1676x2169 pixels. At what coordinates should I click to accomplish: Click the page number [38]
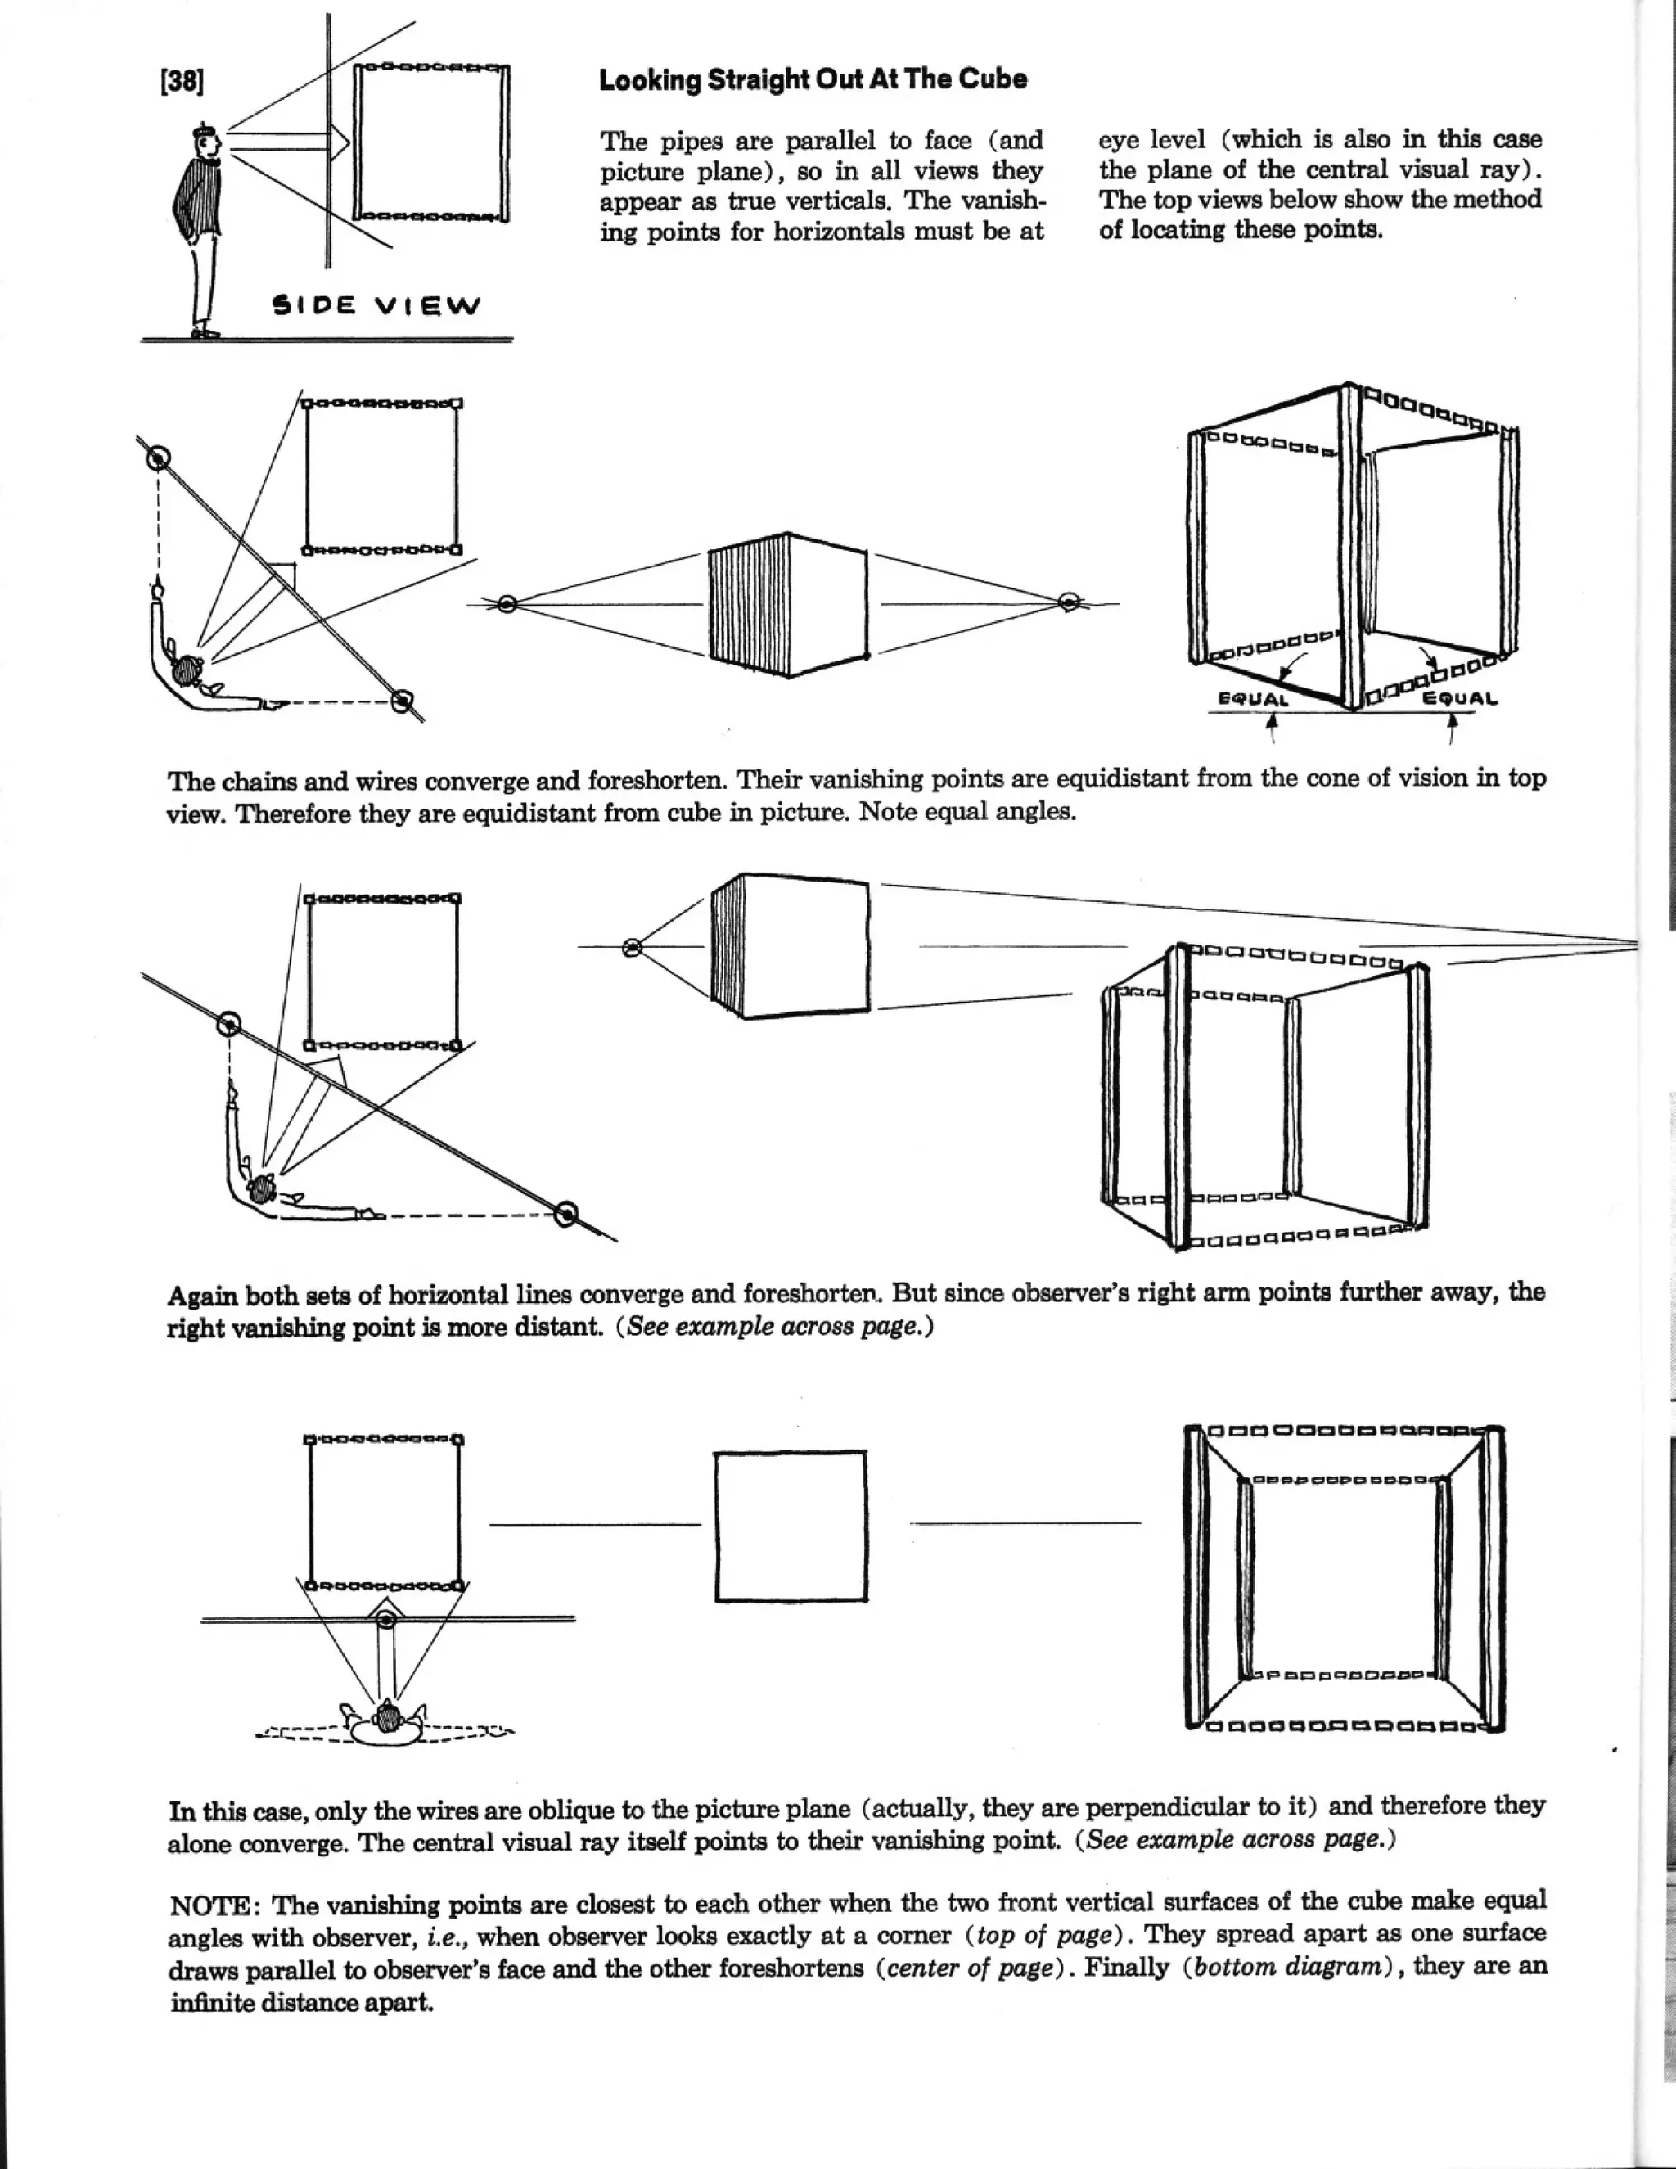(182, 80)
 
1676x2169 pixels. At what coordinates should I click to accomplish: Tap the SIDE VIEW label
(376, 305)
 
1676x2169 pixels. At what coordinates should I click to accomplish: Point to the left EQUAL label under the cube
(1252, 698)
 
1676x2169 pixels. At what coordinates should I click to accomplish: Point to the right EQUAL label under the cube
(1460, 698)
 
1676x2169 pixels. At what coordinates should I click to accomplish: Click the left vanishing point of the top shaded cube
(507, 604)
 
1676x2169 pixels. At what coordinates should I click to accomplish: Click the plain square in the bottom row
(791, 1526)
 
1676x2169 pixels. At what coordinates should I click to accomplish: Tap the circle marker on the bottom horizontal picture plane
(386, 1620)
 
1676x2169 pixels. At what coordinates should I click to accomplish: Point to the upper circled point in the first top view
(158, 458)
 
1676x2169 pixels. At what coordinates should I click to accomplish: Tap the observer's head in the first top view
(186, 670)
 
